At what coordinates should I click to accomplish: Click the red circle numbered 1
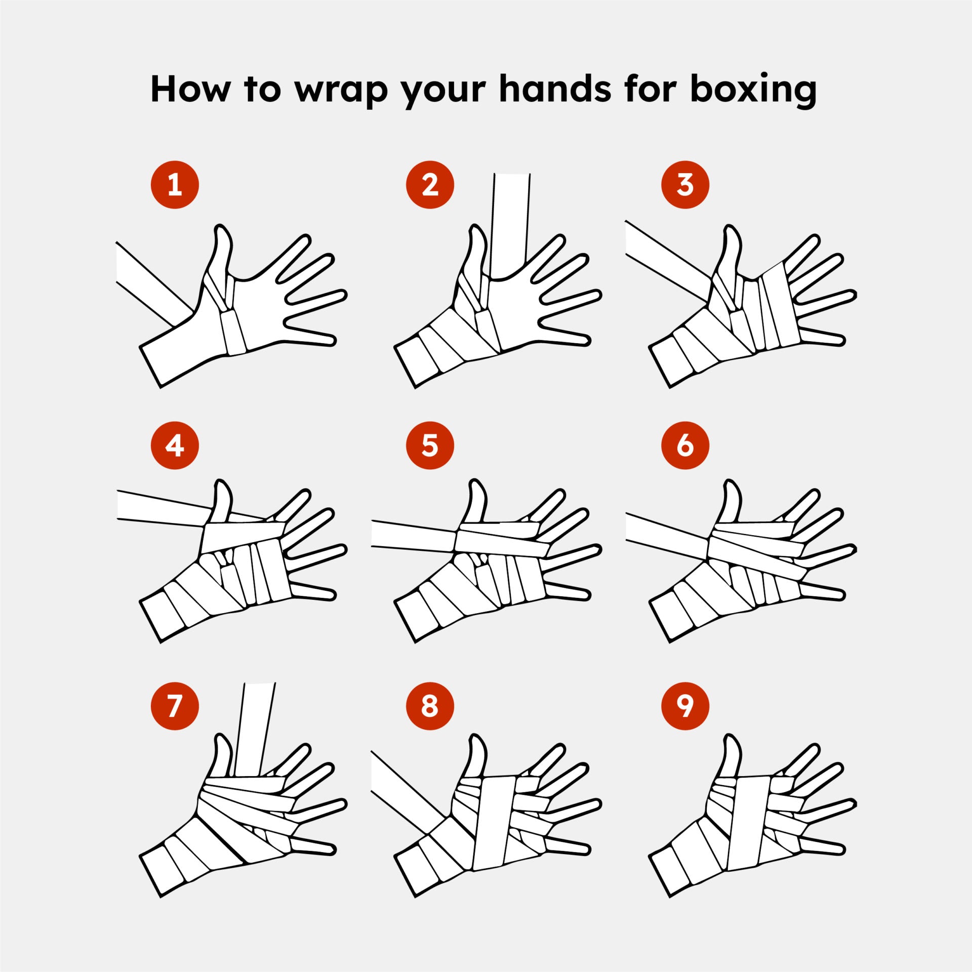pyautogui.click(x=175, y=185)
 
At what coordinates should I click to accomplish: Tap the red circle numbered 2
pyautogui.click(x=430, y=185)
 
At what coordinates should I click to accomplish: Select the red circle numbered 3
pyautogui.click(x=685, y=185)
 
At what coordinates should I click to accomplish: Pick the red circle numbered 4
pyautogui.click(x=175, y=445)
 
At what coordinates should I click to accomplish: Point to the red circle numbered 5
pyautogui.click(x=430, y=445)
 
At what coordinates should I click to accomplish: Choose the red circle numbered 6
pyautogui.click(x=685, y=445)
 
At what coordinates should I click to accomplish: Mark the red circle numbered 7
pyautogui.click(x=175, y=706)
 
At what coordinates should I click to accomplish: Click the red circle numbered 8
pyautogui.click(x=430, y=706)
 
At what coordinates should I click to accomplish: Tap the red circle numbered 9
pyautogui.click(x=685, y=706)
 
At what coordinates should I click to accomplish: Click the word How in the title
pyautogui.click(x=190, y=89)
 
